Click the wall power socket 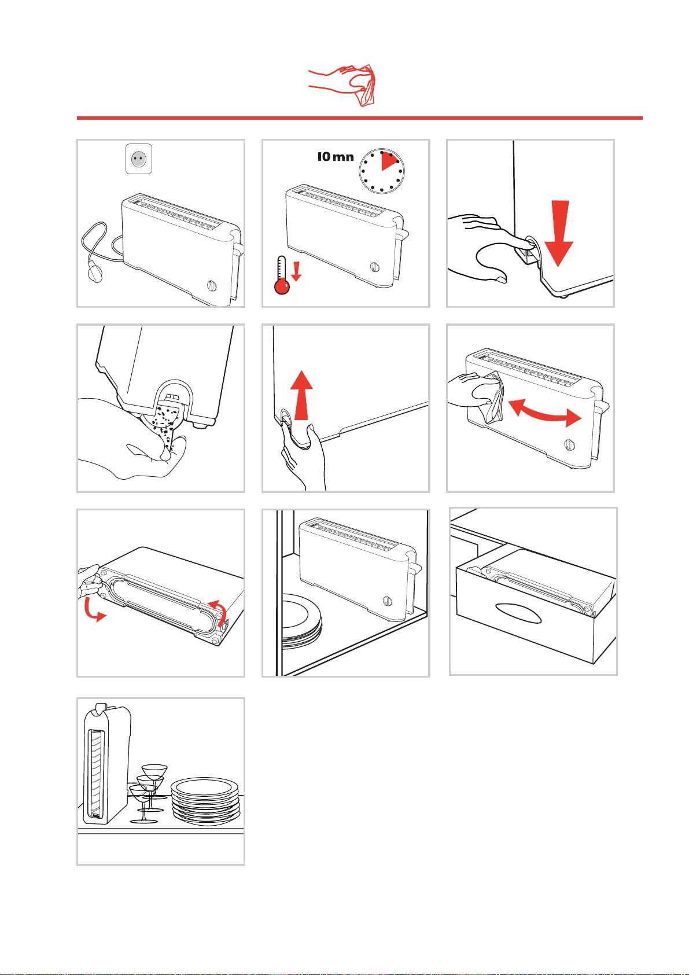click(x=139, y=159)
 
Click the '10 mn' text click(x=335, y=157)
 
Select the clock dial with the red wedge click(x=382, y=171)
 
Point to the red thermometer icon click(x=282, y=275)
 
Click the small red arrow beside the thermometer click(x=296, y=271)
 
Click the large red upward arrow click(x=301, y=395)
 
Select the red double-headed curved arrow click(x=545, y=413)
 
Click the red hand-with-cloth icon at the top click(x=342, y=84)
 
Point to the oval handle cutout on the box click(x=518, y=613)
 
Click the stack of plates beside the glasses click(x=205, y=800)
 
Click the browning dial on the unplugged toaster click(x=211, y=285)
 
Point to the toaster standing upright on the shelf click(x=106, y=764)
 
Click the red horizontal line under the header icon click(x=359, y=118)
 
